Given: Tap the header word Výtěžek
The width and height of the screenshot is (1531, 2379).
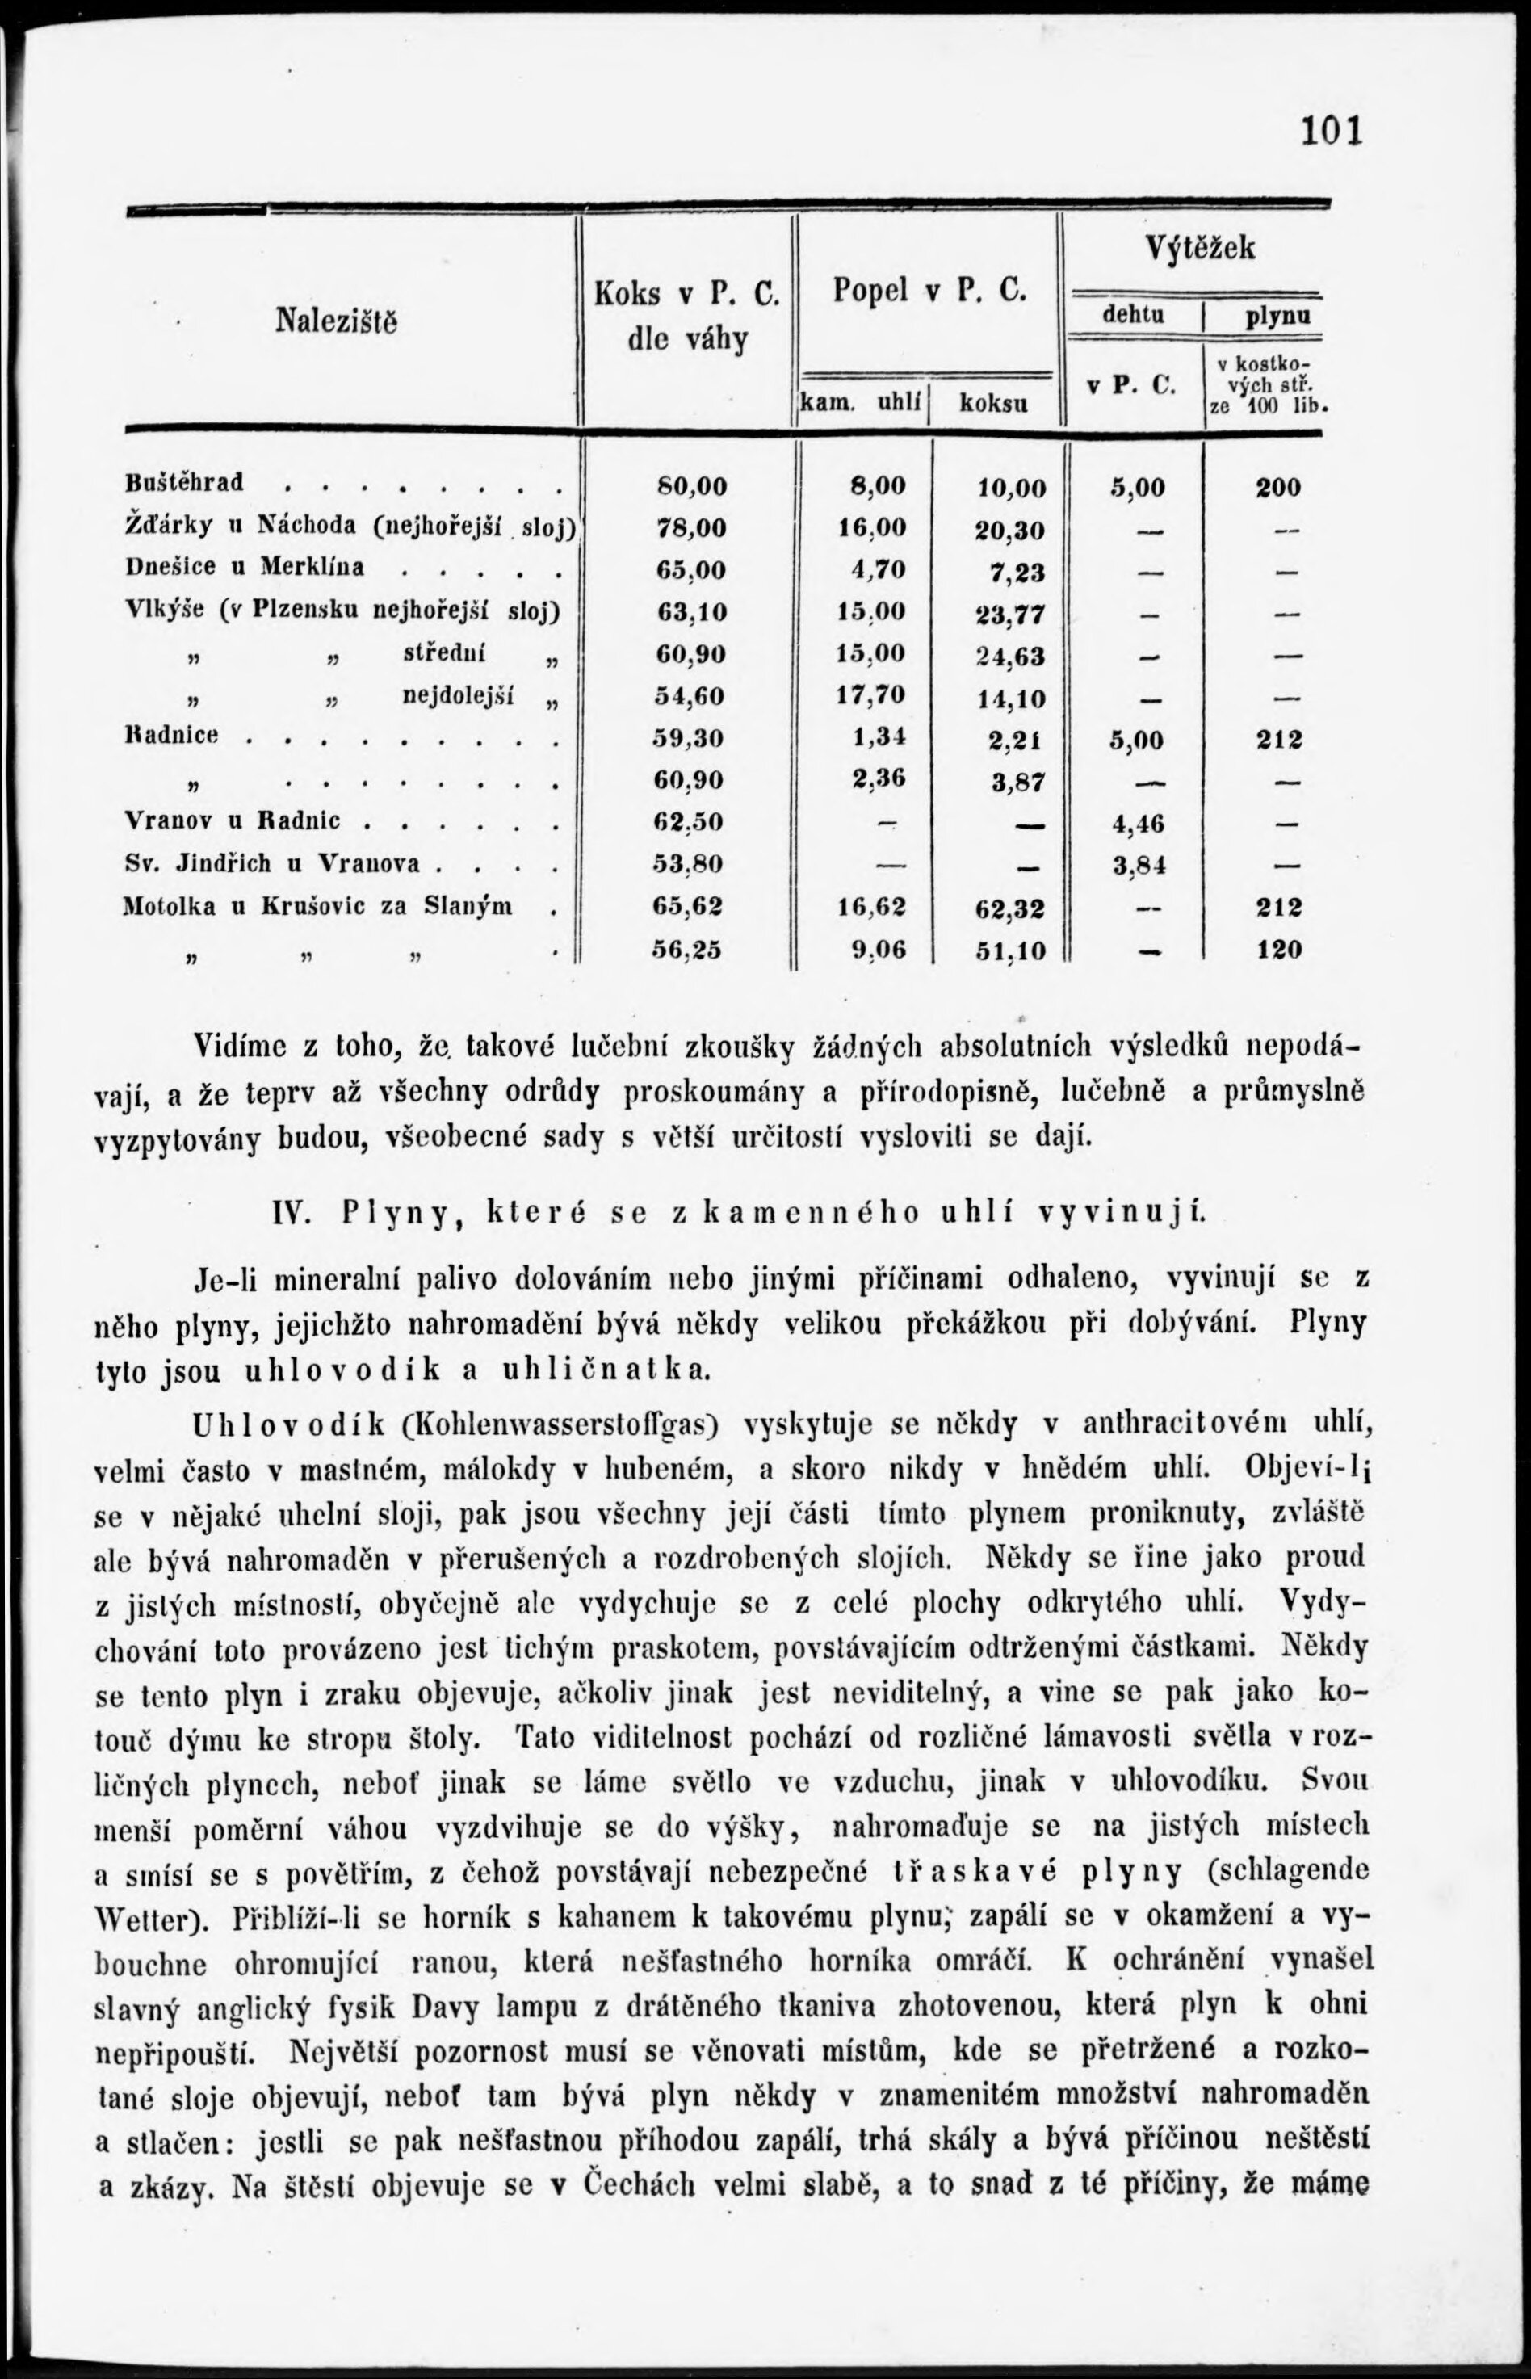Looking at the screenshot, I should pos(1200,248).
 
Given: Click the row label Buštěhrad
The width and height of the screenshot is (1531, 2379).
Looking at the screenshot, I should pos(185,482).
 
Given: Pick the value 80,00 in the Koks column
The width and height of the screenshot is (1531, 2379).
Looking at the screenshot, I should pos(692,486).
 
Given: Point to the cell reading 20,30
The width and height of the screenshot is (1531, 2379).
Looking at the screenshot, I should pos(1010,530).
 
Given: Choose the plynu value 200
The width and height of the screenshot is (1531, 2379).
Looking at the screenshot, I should pos(1277,487).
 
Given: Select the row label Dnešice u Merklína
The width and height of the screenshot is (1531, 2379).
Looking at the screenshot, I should pos(245,567).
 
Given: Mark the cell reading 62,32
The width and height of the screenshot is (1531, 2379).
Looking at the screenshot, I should pos(1010,908).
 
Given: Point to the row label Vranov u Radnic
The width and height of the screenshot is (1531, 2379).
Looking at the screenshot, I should pos(232,820).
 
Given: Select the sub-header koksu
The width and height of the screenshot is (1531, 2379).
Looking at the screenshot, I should pos(995,404).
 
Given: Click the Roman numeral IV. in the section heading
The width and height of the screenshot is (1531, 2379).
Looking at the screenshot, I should pos(292,1213).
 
